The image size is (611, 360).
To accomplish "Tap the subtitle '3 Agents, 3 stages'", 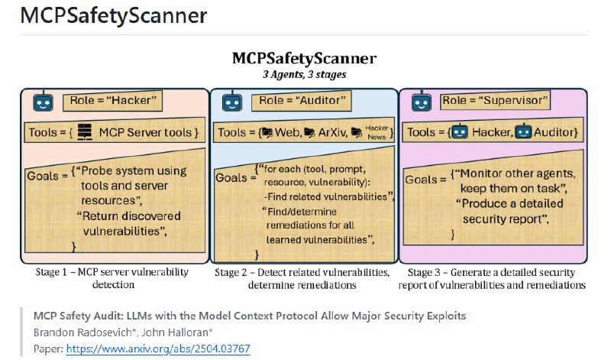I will point(304,75).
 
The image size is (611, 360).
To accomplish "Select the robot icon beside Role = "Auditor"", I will point(230,102).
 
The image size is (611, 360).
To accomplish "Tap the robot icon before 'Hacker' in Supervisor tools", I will point(460,133).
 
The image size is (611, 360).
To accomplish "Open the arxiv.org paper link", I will point(158,349).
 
